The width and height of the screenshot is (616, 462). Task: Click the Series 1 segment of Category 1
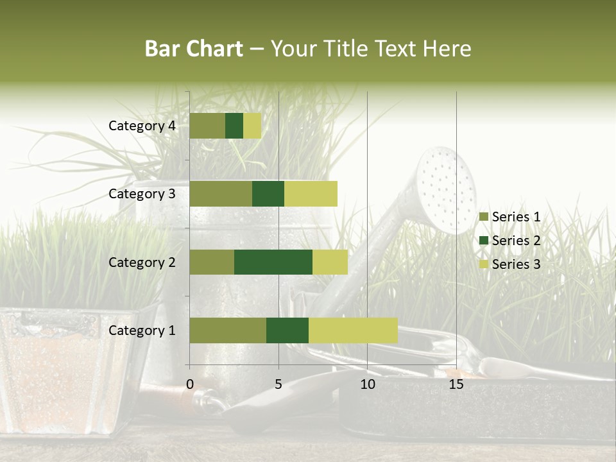[228, 330]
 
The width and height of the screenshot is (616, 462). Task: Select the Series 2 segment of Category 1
[287, 330]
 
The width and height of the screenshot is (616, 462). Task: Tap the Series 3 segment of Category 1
[353, 330]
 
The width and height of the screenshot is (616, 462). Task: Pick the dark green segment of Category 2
[273, 262]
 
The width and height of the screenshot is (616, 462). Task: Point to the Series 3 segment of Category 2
[330, 262]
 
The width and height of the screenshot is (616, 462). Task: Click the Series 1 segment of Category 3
[221, 194]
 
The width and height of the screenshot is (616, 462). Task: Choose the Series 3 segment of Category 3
[311, 194]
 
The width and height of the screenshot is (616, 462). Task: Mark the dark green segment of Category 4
[234, 126]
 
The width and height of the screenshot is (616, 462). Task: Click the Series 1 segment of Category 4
[207, 126]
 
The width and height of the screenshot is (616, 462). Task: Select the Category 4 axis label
[142, 126]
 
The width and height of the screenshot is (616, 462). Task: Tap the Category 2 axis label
[142, 262]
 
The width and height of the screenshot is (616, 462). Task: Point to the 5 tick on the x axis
[278, 384]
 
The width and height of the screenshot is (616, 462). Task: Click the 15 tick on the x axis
[456, 384]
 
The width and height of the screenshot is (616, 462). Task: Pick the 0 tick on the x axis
[190, 384]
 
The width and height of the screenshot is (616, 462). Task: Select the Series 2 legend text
[516, 241]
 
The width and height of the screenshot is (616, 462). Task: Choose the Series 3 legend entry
[510, 264]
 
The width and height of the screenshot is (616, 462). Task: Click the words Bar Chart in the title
[194, 49]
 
